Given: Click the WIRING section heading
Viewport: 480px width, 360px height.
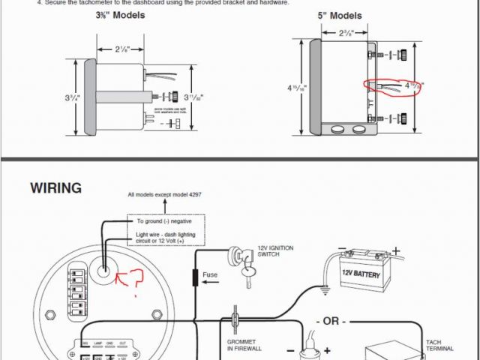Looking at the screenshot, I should (x=56, y=187).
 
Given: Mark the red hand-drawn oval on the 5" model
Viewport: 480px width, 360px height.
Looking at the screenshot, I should (x=392, y=87).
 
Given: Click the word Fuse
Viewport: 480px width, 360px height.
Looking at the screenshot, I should (x=210, y=274).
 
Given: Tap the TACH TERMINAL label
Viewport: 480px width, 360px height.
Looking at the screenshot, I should (x=437, y=346).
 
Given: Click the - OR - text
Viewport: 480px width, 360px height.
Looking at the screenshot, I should (x=330, y=321).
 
